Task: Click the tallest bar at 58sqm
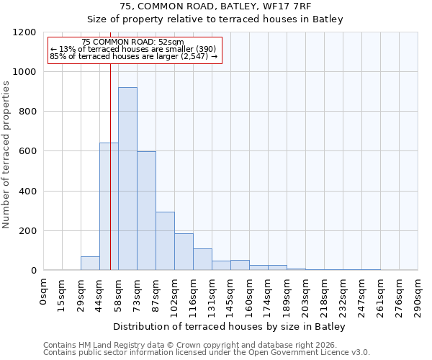[x=127, y=179]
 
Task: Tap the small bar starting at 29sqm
[x=90, y=264]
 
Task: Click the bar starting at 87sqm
[x=165, y=241]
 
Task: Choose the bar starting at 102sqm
[x=184, y=252]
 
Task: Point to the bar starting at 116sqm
[x=202, y=259]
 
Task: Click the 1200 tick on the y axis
[x=25, y=32]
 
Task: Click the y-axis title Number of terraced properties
[x=6, y=155]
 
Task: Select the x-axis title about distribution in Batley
[x=230, y=327]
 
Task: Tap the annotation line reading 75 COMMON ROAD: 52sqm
[x=133, y=42]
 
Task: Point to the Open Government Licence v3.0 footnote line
[x=207, y=353]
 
